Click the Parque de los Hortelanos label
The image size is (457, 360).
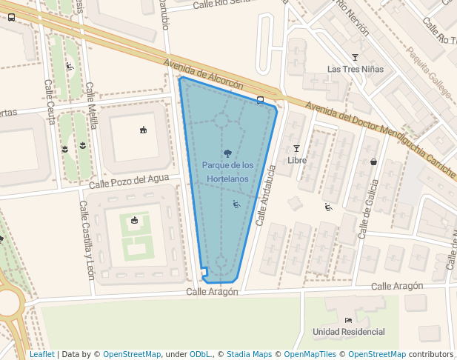pyautogui.click(x=227, y=172)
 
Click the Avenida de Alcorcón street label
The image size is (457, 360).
pyautogui.click(x=204, y=74)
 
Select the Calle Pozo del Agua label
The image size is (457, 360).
pyautogui.click(x=129, y=181)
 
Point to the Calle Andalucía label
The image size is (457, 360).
pyautogui.click(x=265, y=195)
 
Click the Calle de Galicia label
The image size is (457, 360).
pyautogui.click(x=368, y=210)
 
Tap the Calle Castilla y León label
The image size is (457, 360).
pyautogui.click(x=87, y=240)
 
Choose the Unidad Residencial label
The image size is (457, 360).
pyautogui.click(x=349, y=331)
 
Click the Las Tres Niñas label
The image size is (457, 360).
pyautogui.click(x=356, y=70)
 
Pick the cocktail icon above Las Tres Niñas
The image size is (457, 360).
pyautogui.click(x=355, y=57)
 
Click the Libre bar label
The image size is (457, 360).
pyautogui.click(x=296, y=160)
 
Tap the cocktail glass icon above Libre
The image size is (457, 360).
pyautogui.click(x=296, y=148)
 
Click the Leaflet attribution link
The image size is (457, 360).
pyautogui.click(x=41, y=354)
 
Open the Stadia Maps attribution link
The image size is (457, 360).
pyautogui.click(x=249, y=354)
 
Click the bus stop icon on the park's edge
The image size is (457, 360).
pyautogui.click(x=260, y=99)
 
